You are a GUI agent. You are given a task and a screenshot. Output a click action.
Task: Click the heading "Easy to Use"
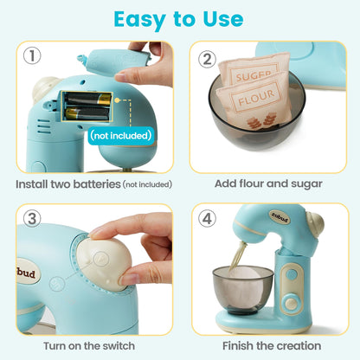point(179,18)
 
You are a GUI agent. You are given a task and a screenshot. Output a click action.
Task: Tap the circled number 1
point(32,58)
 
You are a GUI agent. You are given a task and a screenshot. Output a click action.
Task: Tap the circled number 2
point(207,59)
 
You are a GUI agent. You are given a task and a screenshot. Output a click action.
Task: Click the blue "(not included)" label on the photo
point(120,135)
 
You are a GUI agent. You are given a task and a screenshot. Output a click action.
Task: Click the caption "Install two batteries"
point(67,183)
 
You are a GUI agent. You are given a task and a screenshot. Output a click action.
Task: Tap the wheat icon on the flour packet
point(256,123)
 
